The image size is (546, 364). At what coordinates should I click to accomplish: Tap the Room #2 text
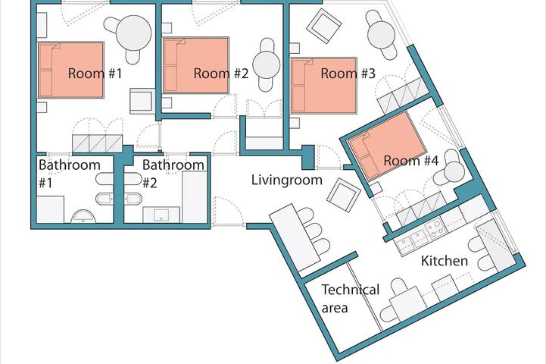[221, 74]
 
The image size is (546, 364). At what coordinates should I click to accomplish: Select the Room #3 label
[348, 74]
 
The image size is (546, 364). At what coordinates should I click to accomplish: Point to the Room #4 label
[411, 161]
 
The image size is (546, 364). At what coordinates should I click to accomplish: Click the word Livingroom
[287, 180]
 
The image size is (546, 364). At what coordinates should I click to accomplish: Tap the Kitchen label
[445, 262]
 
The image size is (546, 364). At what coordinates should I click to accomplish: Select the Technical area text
[350, 299]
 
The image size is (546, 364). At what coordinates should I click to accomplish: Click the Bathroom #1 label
[69, 173]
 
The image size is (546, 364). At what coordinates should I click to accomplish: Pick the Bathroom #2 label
[173, 173]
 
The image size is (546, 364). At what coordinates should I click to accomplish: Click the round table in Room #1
[133, 33]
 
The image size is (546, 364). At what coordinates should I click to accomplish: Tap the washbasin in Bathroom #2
[162, 215]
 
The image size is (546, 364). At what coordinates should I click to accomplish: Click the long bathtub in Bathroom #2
[194, 196]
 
